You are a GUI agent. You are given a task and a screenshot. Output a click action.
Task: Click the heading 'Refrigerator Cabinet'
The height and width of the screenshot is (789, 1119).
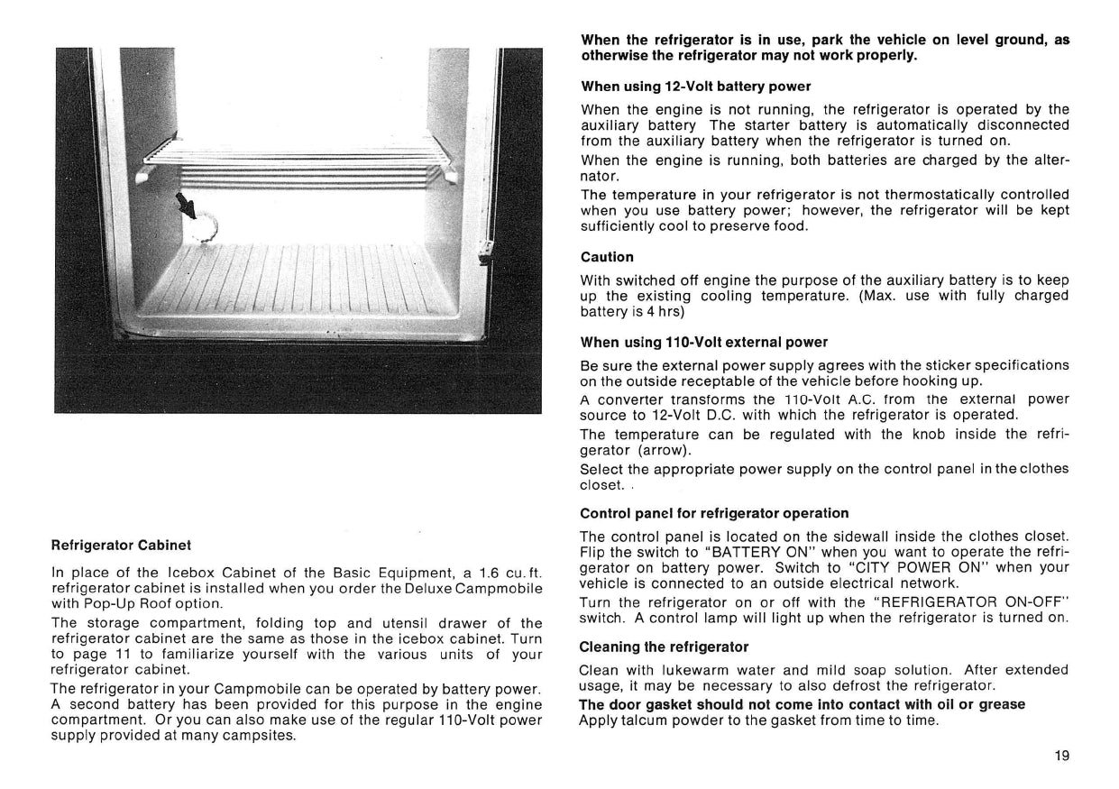coord(121,546)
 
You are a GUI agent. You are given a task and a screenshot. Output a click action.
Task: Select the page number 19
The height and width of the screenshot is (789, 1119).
coord(1061,757)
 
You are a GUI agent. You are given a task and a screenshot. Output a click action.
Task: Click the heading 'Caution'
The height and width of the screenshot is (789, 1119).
coord(607,257)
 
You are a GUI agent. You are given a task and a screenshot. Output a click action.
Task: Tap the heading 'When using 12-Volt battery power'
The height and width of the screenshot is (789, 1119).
coord(695,87)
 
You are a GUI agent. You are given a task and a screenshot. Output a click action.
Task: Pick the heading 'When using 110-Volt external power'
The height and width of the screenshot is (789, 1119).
coord(704,342)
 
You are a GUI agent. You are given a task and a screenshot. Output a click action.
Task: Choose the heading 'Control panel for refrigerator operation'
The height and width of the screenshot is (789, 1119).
coord(714,513)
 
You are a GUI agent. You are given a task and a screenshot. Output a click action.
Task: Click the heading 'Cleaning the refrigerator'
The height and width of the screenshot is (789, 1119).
coord(664,647)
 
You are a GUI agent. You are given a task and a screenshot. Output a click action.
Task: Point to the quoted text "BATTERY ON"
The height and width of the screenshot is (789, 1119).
coord(760,552)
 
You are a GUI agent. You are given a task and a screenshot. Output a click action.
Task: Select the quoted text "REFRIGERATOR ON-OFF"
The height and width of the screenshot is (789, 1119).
coord(968,601)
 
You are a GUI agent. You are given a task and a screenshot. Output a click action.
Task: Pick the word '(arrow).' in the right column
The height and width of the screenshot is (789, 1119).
coord(666,449)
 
